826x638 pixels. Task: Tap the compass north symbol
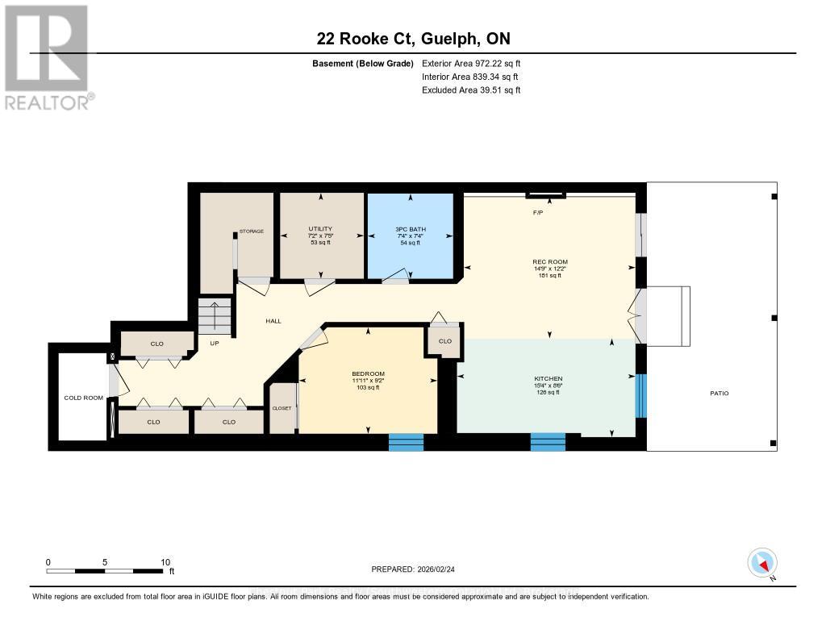click(762, 562)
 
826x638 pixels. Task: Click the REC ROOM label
click(550, 268)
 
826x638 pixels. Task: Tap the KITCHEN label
click(548, 384)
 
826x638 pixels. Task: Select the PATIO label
click(719, 393)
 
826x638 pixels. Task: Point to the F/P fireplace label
click(537, 213)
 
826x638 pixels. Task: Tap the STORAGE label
click(251, 231)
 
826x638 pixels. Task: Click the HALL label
click(273, 321)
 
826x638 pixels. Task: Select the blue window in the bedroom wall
click(406, 442)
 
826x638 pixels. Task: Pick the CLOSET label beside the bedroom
click(282, 408)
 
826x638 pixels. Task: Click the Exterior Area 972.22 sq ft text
click(471, 64)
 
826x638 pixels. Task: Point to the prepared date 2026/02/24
click(417, 569)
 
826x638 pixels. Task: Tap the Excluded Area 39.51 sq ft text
click(471, 90)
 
